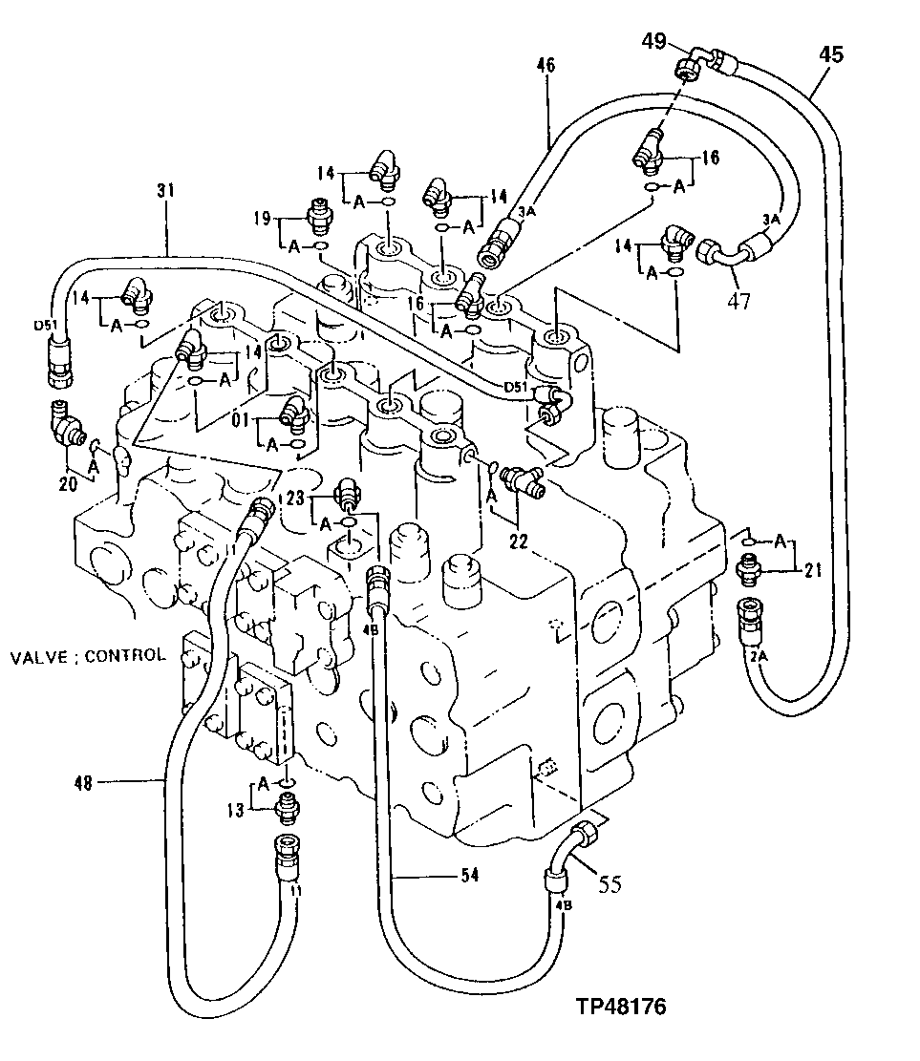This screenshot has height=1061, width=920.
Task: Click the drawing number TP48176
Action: (621, 1007)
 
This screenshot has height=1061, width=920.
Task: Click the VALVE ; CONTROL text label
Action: (88, 656)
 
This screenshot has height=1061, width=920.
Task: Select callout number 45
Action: (830, 54)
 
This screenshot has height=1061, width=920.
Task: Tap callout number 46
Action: (546, 66)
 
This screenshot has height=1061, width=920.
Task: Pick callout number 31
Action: (166, 192)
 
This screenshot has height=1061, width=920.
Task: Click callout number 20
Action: (67, 483)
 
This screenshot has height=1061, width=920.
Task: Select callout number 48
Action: (83, 782)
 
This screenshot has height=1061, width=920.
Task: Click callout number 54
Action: (469, 875)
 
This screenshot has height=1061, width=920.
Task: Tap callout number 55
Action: (610, 884)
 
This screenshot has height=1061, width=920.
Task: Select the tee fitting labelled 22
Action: (520, 478)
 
